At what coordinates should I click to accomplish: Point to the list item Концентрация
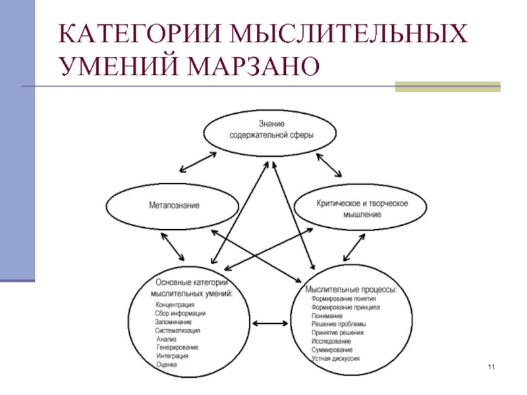point(175,305)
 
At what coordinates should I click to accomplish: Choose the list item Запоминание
point(173,322)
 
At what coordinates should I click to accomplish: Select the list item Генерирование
point(177,347)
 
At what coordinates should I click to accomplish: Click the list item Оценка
point(167,364)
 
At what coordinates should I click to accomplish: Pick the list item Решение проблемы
point(339,324)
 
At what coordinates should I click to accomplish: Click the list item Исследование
point(332,341)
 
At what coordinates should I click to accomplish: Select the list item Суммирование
point(332,350)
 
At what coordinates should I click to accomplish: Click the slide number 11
point(491,366)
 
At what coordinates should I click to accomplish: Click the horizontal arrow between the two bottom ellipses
point(267,323)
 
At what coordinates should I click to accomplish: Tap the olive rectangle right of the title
point(447,86)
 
